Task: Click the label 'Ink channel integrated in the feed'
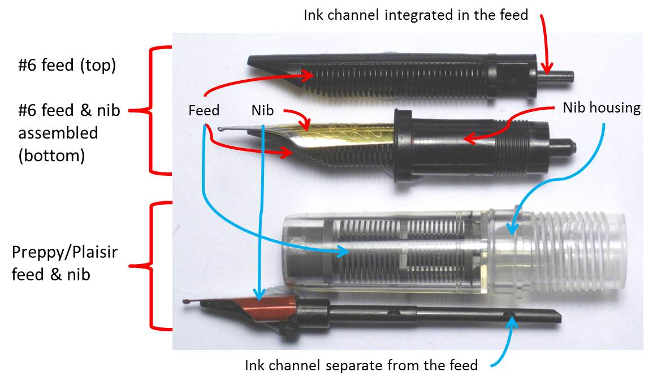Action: pyautogui.click(x=416, y=15)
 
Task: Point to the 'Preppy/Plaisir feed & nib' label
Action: pyautogui.click(x=64, y=263)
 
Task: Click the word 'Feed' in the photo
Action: pyautogui.click(x=204, y=110)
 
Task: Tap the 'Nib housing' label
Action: pyautogui.click(x=602, y=108)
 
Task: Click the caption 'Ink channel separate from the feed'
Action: pyautogui.click(x=361, y=366)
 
